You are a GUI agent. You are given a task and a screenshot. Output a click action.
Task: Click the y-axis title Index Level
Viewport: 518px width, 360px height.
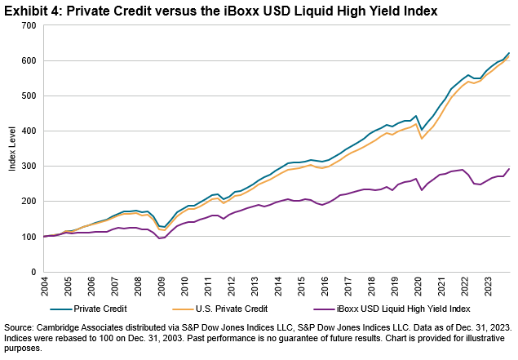(x=12, y=149)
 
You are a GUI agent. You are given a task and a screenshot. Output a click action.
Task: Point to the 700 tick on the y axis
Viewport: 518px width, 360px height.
(x=30, y=25)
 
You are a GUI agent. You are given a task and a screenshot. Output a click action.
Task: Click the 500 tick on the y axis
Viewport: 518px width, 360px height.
(x=30, y=96)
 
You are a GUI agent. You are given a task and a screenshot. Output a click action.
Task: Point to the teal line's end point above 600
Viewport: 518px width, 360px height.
(x=509, y=53)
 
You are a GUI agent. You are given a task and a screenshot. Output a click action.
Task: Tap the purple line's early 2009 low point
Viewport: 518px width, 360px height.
(x=161, y=238)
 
